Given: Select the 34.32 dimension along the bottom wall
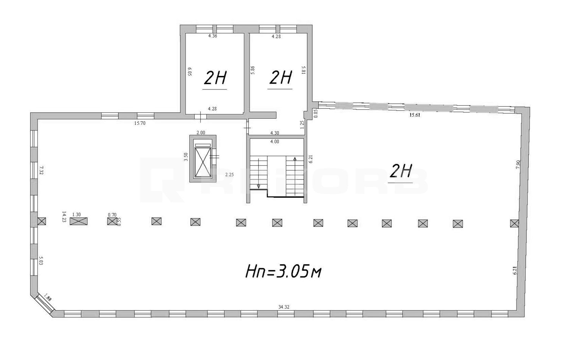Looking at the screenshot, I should (284, 307).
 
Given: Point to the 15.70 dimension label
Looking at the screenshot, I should (140, 123).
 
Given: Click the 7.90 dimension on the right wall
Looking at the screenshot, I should (518, 165).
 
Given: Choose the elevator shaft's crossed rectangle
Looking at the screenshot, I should (203, 162).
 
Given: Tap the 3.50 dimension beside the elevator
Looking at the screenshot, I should (186, 157).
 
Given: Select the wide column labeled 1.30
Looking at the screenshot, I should (79, 221).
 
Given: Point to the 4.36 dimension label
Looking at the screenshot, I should (213, 36).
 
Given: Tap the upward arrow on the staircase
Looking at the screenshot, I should (295, 159).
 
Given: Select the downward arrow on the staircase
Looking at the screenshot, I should (259, 186).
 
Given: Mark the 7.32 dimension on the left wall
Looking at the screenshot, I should (42, 171).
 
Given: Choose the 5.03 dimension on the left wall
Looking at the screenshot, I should (41, 261).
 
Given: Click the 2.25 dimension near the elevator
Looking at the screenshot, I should (229, 175).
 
